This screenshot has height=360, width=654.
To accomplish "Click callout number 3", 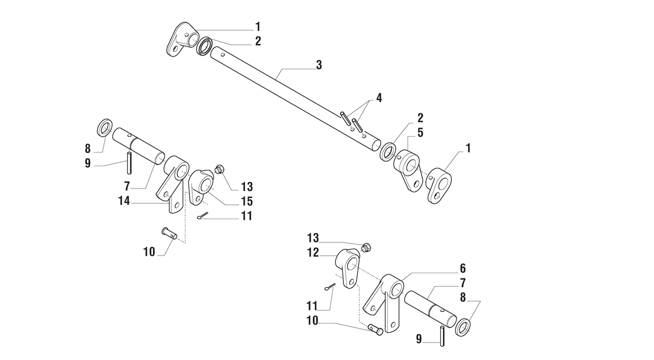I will click(x=319, y=65).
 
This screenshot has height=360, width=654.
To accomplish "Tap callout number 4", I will click(x=379, y=97).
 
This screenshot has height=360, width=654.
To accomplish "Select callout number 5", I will click(x=420, y=132).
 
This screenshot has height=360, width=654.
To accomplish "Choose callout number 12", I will click(x=313, y=253).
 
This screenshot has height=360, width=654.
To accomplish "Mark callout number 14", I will click(x=124, y=200).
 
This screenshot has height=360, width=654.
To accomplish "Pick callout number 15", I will click(x=247, y=201).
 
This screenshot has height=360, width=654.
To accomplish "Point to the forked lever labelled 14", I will click(x=172, y=183).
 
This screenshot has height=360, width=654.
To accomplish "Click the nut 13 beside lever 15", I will click(x=220, y=169).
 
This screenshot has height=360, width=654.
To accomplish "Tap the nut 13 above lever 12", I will click(x=365, y=247).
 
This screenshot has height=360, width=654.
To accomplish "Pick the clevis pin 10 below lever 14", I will click(x=169, y=232).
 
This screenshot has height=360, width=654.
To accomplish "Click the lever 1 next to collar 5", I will click(x=439, y=185).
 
